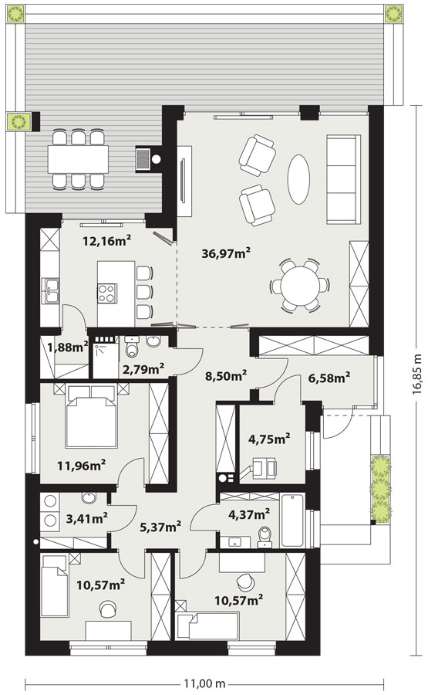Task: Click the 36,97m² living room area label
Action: click(x=226, y=253)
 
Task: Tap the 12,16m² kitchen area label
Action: click(x=107, y=241)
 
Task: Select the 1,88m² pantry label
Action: click(x=68, y=347)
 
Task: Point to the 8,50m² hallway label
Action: click(x=226, y=376)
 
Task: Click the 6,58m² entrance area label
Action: click(x=329, y=378)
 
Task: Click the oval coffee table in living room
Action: click(x=298, y=179)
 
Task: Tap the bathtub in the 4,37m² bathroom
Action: click(x=292, y=520)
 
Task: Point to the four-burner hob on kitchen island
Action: click(x=107, y=293)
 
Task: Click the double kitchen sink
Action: click(x=50, y=291)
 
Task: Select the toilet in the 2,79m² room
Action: click(x=132, y=347)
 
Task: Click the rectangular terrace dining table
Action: click(x=78, y=159)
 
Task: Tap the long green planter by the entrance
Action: click(x=381, y=489)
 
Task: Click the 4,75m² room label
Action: click(x=269, y=439)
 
